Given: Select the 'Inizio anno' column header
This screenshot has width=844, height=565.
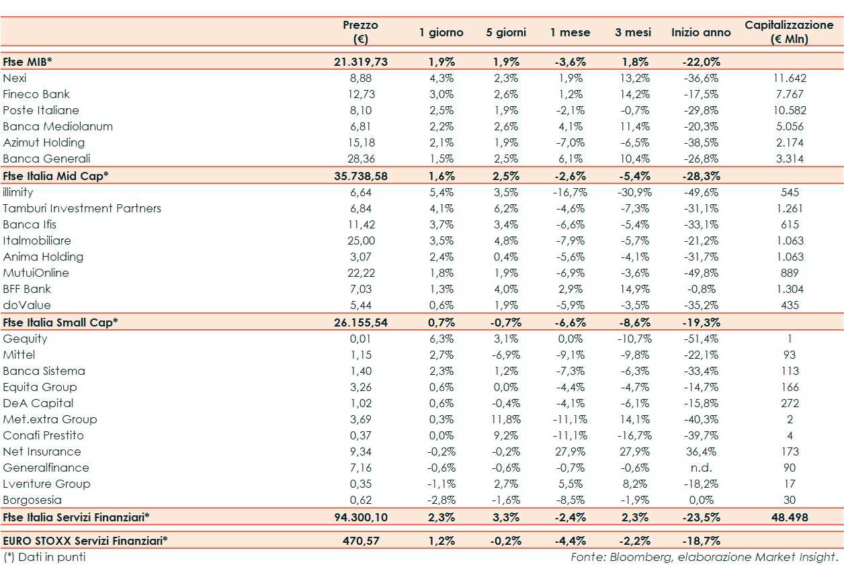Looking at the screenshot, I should (701, 32).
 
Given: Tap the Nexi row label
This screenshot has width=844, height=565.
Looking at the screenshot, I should (15, 78).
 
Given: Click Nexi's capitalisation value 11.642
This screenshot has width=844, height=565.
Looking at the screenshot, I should (790, 78).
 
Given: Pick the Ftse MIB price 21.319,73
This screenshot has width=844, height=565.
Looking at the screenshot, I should (360, 62).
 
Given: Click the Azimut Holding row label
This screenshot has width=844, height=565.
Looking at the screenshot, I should (44, 142).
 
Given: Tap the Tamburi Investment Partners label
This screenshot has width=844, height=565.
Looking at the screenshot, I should (82, 208).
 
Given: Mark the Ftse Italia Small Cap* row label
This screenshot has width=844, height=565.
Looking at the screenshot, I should (60, 322).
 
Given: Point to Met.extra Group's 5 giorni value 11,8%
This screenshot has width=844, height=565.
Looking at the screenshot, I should (505, 419).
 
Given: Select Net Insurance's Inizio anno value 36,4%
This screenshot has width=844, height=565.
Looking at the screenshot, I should (701, 451).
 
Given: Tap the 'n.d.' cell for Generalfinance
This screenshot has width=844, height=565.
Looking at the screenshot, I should (701, 468).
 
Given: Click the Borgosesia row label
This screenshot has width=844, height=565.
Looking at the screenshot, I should (32, 500).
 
